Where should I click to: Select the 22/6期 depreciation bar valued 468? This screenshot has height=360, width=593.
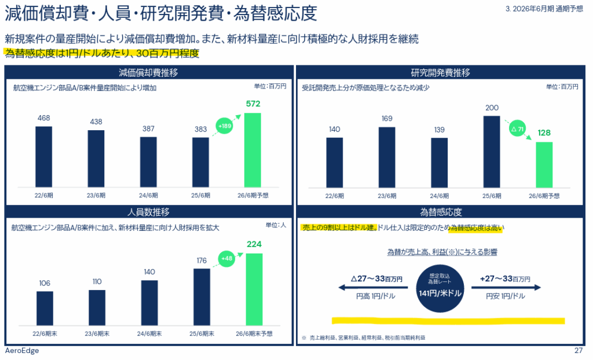[43, 156]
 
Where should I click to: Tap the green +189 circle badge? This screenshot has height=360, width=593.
[225, 126]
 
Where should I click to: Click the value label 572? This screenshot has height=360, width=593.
[253, 104]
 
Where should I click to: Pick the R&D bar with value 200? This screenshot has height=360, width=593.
[492, 151]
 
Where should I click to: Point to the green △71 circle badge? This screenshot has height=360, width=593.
[515, 129]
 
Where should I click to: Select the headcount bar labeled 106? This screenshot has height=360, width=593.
[45, 308]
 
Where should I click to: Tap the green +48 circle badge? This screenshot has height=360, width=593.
[227, 259]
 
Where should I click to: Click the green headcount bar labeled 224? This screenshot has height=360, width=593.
[254, 289]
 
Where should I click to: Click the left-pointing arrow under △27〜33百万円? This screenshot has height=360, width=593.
[374, 288]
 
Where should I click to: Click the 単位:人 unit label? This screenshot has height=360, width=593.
[276, 225]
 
